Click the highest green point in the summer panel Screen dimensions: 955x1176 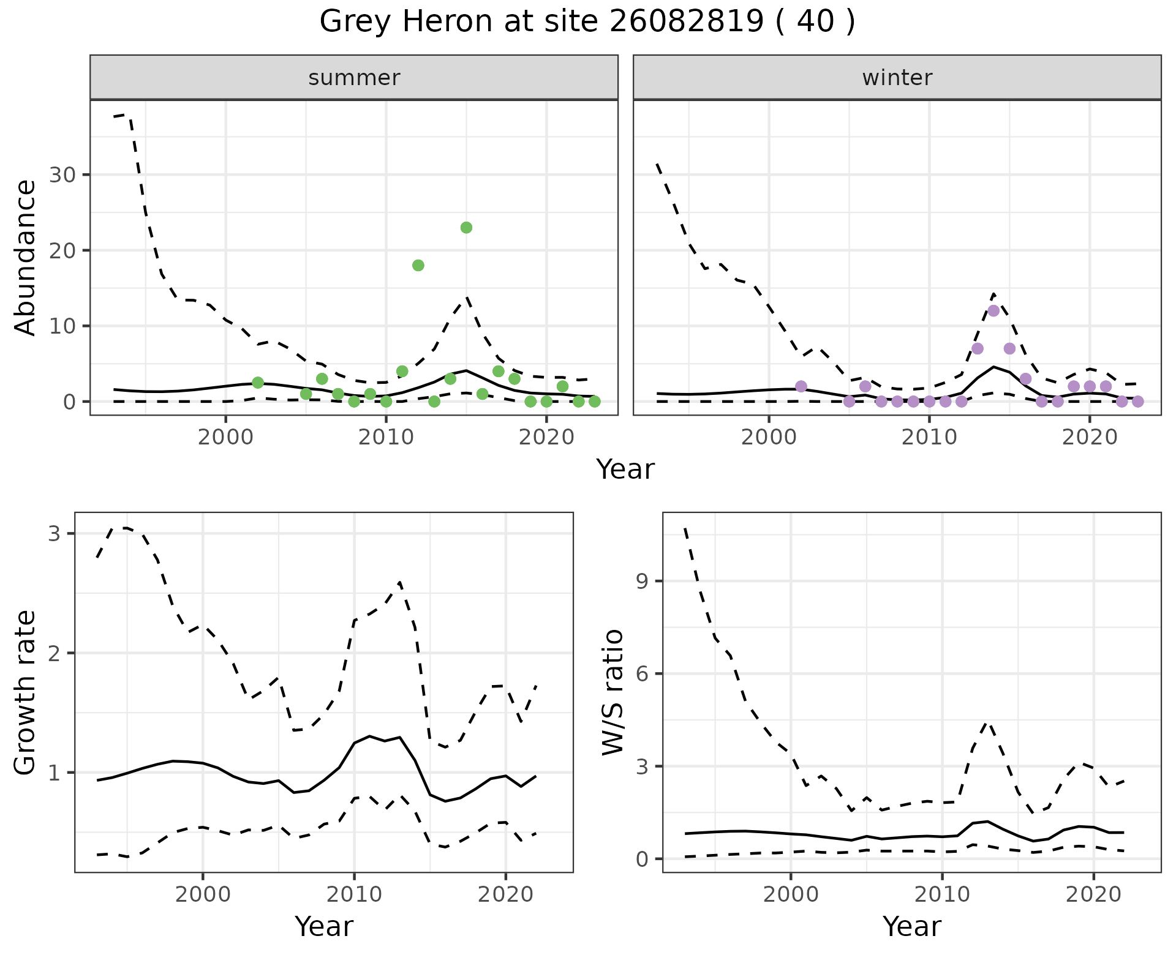(466, 228)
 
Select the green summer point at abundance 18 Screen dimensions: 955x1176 (418, 265)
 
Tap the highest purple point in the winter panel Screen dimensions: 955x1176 (993, 311)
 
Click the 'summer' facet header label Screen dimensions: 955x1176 (354, 78)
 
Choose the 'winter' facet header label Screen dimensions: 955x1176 (897, 78)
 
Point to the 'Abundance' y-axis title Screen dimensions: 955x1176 (26, 257)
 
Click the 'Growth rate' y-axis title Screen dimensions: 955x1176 (26, 692)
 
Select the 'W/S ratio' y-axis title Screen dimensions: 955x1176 (613, 692)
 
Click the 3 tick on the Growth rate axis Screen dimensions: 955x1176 (55, 534)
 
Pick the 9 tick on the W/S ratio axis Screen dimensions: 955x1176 (643, 581)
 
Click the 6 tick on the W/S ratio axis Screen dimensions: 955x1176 (643, 673)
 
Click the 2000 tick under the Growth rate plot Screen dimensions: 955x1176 (203, 895)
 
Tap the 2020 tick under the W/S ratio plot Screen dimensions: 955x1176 (1093, 895)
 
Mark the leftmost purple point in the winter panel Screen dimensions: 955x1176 (801, 386)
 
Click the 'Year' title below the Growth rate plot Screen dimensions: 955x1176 (324, 926)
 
